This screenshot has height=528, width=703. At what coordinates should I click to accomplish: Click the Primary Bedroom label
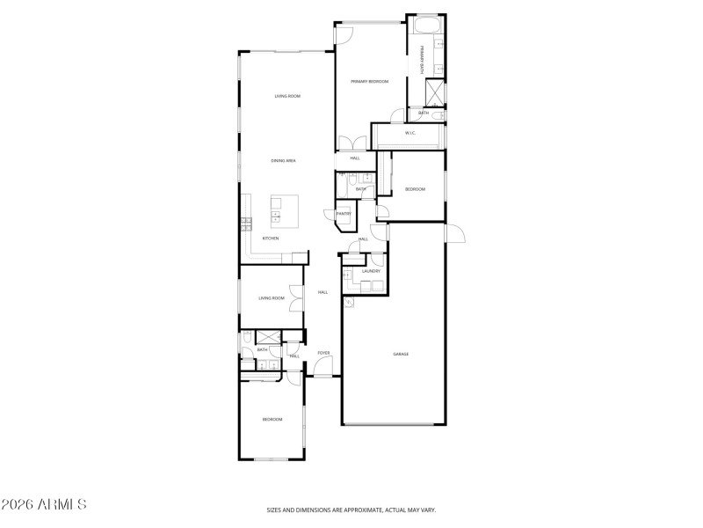click(x=369, y=81)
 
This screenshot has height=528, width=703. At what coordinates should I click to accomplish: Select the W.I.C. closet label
click(x=409, y=133)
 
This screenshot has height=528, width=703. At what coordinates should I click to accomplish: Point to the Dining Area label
click(x=283, y=161)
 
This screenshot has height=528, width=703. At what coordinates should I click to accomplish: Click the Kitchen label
click(x=271, y=238)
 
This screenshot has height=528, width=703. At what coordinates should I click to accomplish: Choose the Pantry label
click(x=344, y=213)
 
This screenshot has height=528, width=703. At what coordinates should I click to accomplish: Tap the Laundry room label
click(x=371, y=271)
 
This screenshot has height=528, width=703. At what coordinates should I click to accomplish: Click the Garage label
click(x=401, y=354)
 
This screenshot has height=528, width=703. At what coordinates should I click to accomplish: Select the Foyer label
click(x=323, y=353)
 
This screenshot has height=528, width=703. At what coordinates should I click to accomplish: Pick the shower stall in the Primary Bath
click(x=435, y=92)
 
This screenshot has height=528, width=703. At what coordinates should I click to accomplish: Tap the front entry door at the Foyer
click(x=323, y=377)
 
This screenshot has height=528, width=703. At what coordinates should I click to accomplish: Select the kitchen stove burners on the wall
click(x=247, y=224)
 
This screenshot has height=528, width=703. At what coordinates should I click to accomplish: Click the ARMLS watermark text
click(x=44, y=505)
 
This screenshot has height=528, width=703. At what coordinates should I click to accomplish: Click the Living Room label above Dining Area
click(x=287, y=96)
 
